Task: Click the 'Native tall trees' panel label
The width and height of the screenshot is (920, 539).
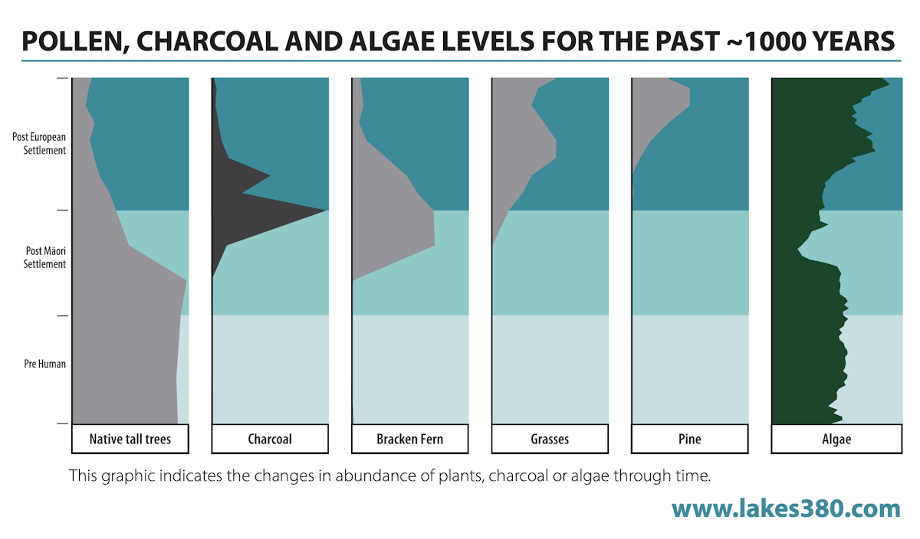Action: (130, 439)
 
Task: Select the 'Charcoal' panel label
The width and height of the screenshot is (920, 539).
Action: (270, 439)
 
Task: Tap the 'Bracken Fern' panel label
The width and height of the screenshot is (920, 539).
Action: (409, 439)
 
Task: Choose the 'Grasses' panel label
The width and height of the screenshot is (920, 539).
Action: (550, 439)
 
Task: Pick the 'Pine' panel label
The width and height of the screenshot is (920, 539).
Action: (689, 439)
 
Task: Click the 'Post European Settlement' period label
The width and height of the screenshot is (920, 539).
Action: (39, 143)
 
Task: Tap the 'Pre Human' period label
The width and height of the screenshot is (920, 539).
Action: (44, 364)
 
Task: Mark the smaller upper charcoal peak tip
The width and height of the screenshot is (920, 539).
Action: (270, 177)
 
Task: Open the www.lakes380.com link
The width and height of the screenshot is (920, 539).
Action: (786, 508)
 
